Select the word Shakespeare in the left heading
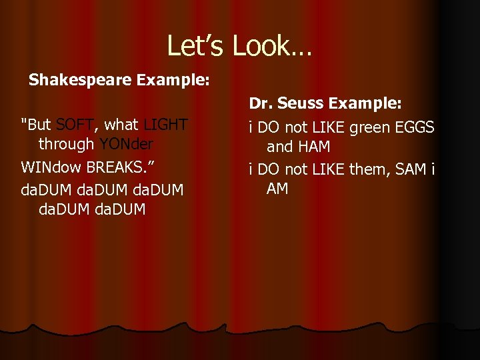pyautogui.click(x=81, y=81)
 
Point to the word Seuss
pyautogui.click(x=302, y=103)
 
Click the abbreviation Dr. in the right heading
pyautogui.click(x=261, y=103)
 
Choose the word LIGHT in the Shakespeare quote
pyautogui.click(x=165, y=125)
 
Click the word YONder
pyautogui.click(x=125, y=144)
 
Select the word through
pyautogui.click(x=66, y=144)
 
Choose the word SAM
pyautogui.click(x=412, y=170)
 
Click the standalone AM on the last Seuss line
pyautogui.click(x=277, y=189)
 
